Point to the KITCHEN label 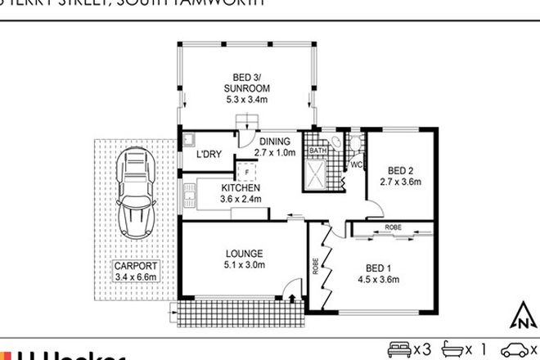(x=240, y=187)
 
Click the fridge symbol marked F (x=246, y=171)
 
